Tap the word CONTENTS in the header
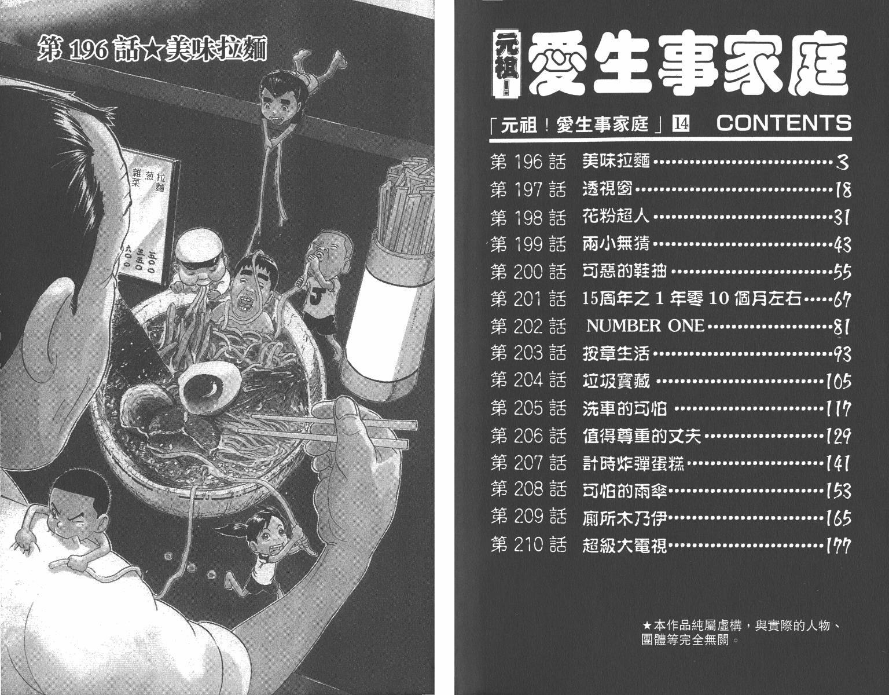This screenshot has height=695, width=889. tap(784, 123)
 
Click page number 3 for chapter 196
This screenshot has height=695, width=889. tap(842, 163)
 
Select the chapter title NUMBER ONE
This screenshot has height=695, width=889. tap(645, 326)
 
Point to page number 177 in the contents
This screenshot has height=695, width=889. tap(838, 546)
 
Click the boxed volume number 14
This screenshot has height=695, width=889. tap(681, 123)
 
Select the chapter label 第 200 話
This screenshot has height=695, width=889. tap(528, 272)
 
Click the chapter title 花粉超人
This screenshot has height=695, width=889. tap(616, 217)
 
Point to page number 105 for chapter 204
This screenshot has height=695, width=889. tap(838, 382)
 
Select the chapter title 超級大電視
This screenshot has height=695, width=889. tap(624, 546)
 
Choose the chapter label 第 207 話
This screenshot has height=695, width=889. tap(528, 463)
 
